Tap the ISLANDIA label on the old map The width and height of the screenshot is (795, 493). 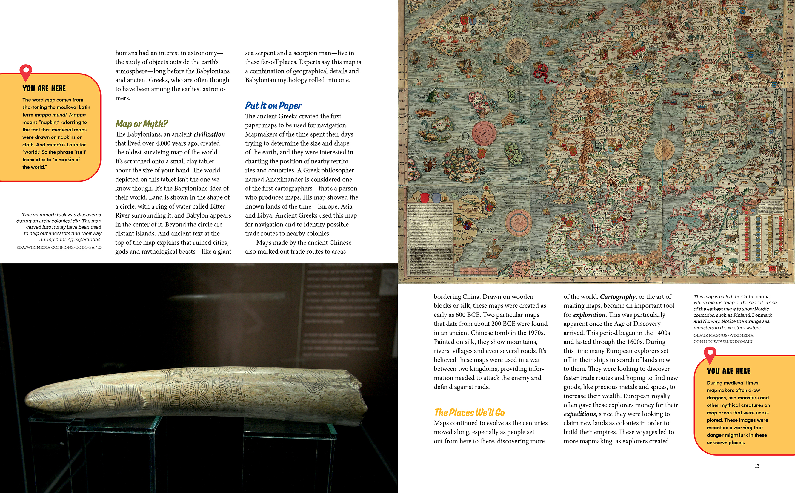click(x=478, y=27)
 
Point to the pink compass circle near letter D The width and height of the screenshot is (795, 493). click(x=484, y=134)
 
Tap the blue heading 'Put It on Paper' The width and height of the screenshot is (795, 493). click(x=273, y=106)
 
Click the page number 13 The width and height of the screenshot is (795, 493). click(x=757, y=466)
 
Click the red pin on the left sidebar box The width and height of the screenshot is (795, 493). click(x=26, y=71)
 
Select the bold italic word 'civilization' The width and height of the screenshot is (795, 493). click(x=209, y=134)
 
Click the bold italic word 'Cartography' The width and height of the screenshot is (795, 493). click(x=617, y=297)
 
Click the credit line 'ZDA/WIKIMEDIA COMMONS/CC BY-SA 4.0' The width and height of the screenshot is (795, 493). click(x=59, y=247)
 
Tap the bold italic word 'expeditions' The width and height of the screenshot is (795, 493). click(x=580, y=414)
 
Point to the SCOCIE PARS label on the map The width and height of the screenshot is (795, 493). click(x=478, y=209)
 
